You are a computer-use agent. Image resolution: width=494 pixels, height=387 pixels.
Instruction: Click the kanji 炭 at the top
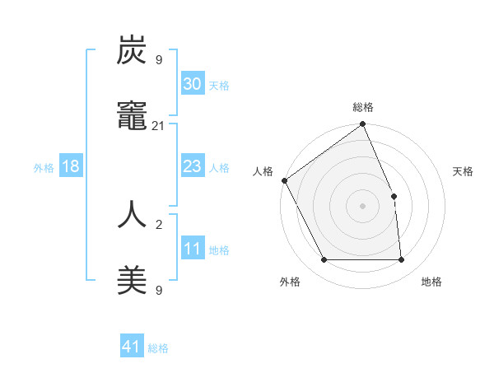click(132, 52)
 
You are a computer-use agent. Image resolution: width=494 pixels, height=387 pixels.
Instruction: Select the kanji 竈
click(132, 118)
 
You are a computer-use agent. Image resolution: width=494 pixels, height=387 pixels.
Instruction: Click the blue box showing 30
click(192, 84)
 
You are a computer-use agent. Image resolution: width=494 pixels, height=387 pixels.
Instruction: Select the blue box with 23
click(192, 166)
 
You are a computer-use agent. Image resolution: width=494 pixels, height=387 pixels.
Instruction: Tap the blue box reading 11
click(192, 249)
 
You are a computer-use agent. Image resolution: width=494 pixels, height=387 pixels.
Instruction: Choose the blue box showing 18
click(71, 166)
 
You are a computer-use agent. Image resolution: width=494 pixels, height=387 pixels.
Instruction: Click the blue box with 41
click(132, 347)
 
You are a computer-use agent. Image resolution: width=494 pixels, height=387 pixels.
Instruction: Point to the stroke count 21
click(159, 125)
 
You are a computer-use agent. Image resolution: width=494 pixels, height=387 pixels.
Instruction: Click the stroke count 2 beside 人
click(159, 223)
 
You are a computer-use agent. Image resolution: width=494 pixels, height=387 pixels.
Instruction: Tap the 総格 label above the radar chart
click(363, 107)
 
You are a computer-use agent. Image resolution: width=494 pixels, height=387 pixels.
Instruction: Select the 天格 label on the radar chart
click(463, 171)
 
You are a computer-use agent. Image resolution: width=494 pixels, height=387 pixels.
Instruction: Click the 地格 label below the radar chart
click(431, 282)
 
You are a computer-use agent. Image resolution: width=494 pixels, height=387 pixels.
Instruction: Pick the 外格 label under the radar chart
click(290, 282)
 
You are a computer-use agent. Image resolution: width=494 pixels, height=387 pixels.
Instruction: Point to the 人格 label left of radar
click(263, 171)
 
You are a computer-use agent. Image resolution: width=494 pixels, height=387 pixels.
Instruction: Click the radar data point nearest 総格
click(363, 125)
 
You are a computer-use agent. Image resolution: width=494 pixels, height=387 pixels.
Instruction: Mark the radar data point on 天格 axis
click(394, 196)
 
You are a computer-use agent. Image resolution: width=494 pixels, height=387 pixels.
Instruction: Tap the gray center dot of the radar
click(362, 206)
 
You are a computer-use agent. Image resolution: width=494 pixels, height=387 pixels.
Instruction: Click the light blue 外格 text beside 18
click(44, 167)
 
